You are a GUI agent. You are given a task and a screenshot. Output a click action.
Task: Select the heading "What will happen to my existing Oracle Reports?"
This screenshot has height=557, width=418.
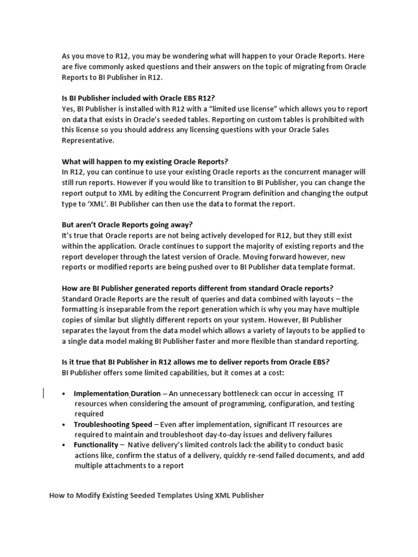pyautogui.click(x=145, y=162)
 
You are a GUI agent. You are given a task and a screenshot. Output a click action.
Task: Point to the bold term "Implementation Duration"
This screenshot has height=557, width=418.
pyautogui.click(x=117, y=393)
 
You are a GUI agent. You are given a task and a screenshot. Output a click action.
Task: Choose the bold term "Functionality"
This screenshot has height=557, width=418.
pyautogui.click(x=96, y=445)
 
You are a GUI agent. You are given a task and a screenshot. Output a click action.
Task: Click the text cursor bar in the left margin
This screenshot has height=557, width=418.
pyautogui.click(x=44, y=393)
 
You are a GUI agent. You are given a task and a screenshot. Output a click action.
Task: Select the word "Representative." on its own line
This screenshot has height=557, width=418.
pyautogui.click(x=88, y=140)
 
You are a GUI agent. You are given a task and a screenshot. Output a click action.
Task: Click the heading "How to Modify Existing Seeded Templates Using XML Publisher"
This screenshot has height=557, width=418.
pyautogui.click(x=157, y=496)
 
